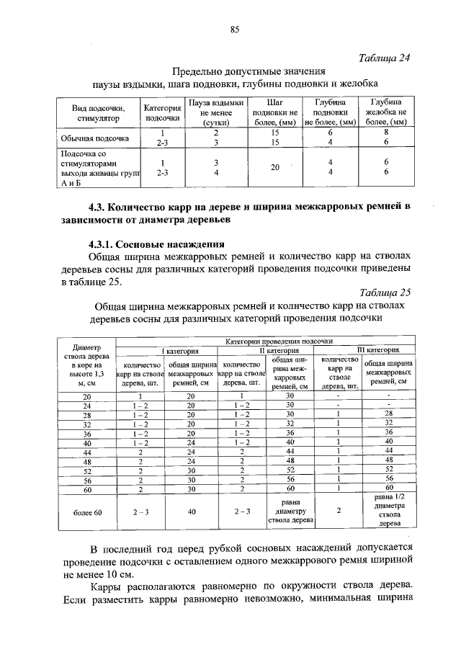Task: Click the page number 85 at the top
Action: point(234,29)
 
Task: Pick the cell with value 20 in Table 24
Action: point(274,167)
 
